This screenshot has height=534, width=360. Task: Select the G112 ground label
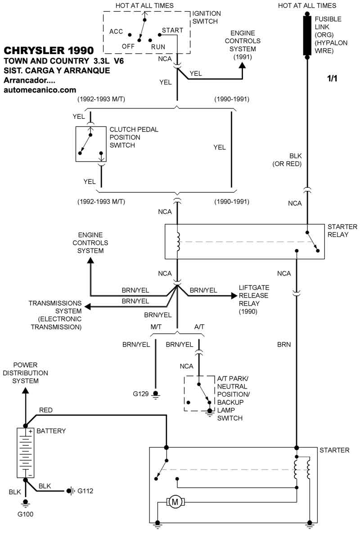tap(85, 490)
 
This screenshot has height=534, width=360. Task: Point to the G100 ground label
tap(26, 514)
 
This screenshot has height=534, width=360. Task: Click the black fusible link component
tap(307, 36)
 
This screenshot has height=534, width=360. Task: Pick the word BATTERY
tap(51, 431)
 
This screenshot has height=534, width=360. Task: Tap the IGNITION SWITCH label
tap(207, 18)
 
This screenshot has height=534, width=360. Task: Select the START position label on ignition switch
tap(173, 31)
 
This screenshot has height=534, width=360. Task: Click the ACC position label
tap(116, 31)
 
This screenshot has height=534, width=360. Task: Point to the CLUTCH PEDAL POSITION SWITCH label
tap(134, 137)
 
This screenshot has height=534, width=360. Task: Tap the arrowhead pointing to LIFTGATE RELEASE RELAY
tap(234, 295)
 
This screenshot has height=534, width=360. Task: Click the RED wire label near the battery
tap(46, 410)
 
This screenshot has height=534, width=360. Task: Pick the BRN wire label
tap(283, 345)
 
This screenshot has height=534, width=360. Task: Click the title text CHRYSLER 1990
tap(49, 50)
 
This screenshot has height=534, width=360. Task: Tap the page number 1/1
tap(332, 79)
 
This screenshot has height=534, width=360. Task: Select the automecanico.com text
tap(40, 90)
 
